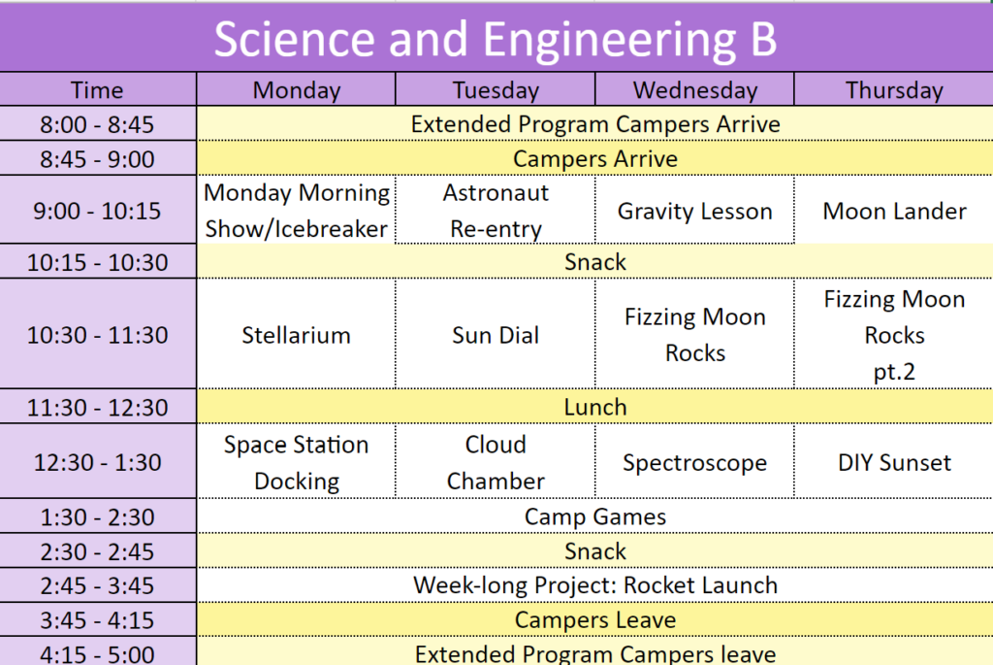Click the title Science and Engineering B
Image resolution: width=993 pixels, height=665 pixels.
coord(496,39)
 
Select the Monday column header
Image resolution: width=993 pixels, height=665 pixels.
coord(297,90)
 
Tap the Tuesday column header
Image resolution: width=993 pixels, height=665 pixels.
coord(496,90)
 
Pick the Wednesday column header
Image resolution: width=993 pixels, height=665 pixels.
coord(694,90)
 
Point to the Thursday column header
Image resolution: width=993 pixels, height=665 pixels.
coord(894,90)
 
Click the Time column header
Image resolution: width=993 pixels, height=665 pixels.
coord(97,90)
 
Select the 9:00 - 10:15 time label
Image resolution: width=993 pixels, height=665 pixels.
coord(97,211)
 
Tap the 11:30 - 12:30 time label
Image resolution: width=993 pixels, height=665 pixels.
coord(97,407)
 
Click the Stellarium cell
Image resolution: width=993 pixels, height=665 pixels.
coord(297,335)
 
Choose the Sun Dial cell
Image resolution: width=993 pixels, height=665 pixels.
coord(496,335)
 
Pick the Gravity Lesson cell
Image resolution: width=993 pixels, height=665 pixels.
coord(694,211)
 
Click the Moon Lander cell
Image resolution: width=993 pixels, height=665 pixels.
coord(894,211)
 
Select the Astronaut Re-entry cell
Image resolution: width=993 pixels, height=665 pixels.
coord(496,211)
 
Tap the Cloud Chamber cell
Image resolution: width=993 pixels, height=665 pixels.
coord(496,462)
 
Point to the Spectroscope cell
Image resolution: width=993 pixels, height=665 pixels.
coord(694,463)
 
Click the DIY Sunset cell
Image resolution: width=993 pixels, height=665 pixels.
coord(894,463)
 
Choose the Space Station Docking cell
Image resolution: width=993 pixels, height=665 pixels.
coord(297,462)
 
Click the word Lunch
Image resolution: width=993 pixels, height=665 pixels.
coord(595,407)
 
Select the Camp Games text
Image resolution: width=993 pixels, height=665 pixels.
coord(595,516)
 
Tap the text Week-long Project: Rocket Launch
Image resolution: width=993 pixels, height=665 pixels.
coord(595,585)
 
